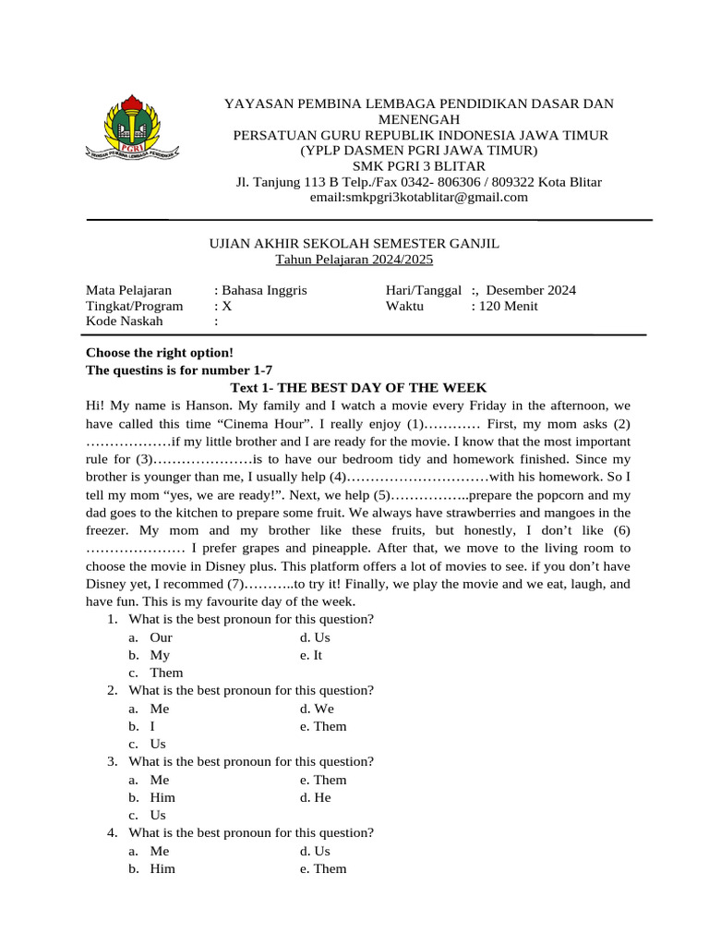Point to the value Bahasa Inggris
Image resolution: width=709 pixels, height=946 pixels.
(x=263, y=290)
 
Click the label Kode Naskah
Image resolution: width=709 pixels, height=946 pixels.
(x=124, y=321)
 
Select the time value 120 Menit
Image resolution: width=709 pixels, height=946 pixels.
(x=505, y=306)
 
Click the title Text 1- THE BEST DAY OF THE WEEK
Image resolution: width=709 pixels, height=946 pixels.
(x=357, y=387)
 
